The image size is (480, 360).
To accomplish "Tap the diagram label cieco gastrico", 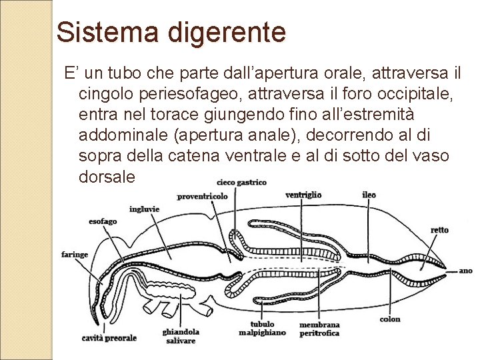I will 241,182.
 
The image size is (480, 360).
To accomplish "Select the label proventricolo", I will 203,197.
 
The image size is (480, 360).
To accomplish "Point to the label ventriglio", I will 303,195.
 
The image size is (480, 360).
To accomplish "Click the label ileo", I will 369,195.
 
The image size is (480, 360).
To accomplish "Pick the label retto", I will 439,230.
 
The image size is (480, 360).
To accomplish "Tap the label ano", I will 465,271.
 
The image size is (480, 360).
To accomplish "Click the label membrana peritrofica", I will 319,329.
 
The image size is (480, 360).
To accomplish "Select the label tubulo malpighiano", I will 263,328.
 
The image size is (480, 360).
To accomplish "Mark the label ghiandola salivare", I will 181,336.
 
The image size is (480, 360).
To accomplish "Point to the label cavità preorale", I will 109,338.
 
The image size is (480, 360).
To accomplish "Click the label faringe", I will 75,255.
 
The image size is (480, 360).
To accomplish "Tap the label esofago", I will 103,221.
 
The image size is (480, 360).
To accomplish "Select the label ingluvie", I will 145,209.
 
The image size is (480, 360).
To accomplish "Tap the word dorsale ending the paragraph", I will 107,177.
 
